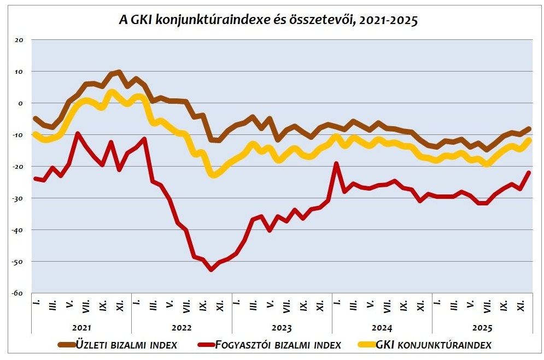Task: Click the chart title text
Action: click(268, 21)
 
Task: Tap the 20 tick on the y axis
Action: click(20, 40)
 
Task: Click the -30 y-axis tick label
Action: click(19, 198)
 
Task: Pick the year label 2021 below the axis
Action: click(81, 328)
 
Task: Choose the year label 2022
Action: click(182, 328)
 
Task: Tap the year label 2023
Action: click(282, 328)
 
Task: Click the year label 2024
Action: click(382, 328)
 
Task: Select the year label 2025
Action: click(482, 328)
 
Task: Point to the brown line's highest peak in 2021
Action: click(119, 72)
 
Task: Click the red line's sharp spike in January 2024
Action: click(336, 163)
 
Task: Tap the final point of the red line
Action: click(529, 173)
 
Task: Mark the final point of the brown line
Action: click(529, 129)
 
